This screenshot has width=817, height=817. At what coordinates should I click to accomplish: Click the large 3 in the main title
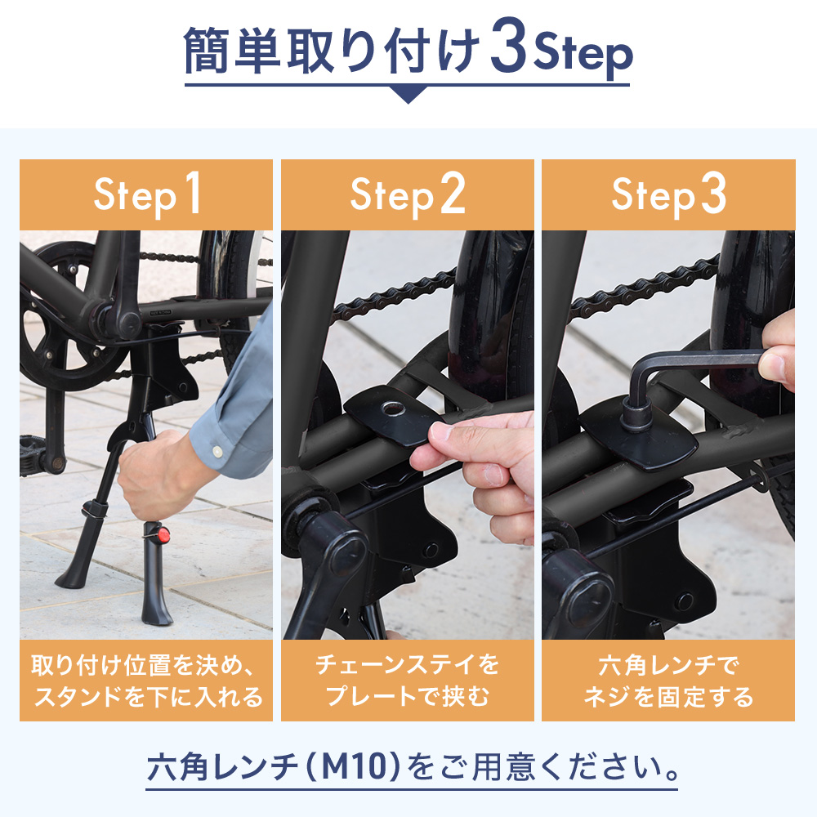[508, 46]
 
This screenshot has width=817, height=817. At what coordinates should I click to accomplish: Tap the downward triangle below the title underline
[408, 94]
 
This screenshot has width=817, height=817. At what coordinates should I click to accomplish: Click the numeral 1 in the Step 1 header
[192, 193]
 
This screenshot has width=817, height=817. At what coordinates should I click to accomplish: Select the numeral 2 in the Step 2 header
[453, 193]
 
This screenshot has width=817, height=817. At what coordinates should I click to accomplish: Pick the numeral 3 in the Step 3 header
[713, 193]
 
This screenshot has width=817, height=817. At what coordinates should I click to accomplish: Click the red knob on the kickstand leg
[163, 534]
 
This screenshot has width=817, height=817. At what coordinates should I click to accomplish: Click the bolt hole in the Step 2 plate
[394, 408]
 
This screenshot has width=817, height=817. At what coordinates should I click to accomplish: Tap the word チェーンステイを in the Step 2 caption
[408, 664]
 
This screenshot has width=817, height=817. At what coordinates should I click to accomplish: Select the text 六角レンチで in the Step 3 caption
[668, 665]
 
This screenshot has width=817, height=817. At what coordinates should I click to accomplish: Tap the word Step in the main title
[583, 53]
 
